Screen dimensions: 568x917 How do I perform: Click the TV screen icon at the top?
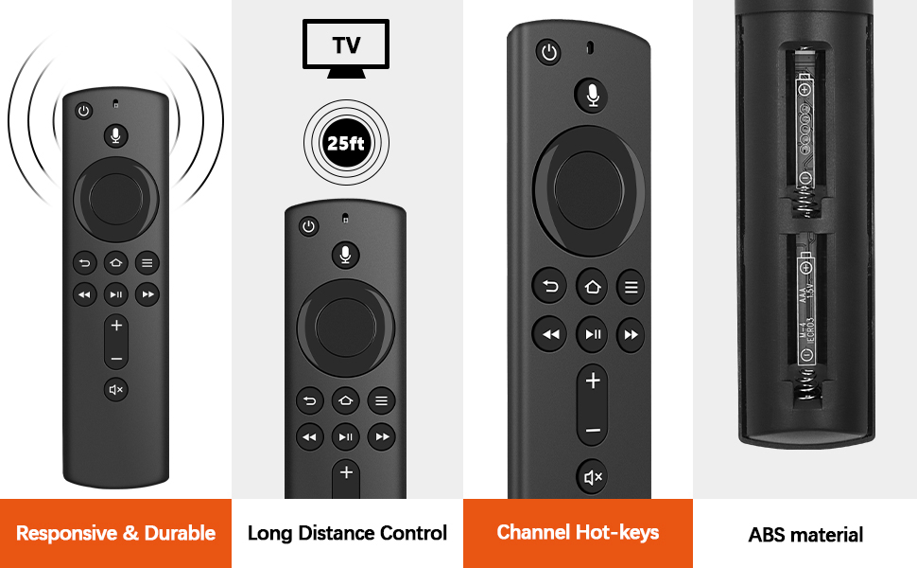[346, 46]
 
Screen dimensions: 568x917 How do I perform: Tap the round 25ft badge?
[346, 143]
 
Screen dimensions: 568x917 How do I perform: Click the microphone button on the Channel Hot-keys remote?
[592, 95]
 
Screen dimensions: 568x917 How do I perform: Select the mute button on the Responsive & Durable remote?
[115, 389]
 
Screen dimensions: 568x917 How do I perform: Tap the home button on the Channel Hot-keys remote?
[592, 285]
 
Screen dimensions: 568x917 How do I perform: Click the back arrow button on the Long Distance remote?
[309, 401]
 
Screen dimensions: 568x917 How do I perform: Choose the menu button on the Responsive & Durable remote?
[147, 264]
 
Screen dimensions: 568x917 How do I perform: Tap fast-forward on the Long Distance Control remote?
[382, 436]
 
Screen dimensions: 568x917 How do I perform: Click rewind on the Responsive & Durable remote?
[84, 295]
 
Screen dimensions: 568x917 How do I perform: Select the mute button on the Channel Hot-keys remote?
[593, 478]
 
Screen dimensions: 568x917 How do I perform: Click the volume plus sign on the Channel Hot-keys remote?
[593, 382]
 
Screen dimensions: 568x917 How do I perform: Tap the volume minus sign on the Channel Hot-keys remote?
[593, 431]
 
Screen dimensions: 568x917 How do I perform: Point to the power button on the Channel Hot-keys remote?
[549, 52]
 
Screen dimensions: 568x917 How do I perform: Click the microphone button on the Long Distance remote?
[346, 254]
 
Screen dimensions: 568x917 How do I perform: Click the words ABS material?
[805, 535]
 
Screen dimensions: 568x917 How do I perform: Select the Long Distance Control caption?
[347, 533]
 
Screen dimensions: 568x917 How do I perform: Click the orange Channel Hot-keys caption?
[578, 533]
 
